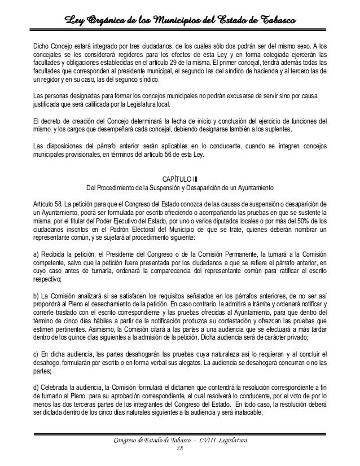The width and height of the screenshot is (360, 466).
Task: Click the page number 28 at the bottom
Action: (180, 449)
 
